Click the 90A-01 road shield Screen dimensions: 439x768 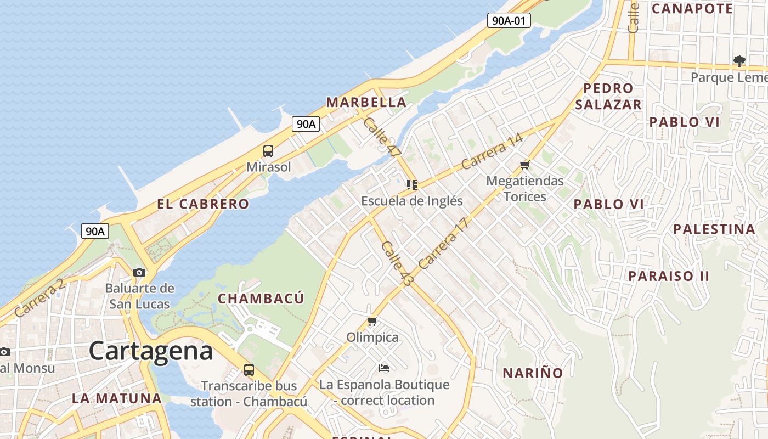(x=509, y=21)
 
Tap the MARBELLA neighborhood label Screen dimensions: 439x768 (x=366, y=102)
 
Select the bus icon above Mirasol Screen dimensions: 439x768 (x=268, y=150)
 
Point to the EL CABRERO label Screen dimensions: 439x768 (x=203, y=204)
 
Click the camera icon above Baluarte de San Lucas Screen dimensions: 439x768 (x=139, y=272)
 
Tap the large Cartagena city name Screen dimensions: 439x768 (x=151, y=351)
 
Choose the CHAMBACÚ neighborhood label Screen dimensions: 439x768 (x=261, y=299)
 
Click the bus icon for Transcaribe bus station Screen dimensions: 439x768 (x=249, y=369)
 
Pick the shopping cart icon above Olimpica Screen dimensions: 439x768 (x=372, y=321)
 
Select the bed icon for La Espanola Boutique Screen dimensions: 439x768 (x=384, y=368)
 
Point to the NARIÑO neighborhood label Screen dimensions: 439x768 (x=533, y=373)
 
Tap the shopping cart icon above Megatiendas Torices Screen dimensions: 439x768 (x=525, y=165)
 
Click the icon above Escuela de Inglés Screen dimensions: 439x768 (x=412, y=184)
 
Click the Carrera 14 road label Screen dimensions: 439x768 (x=492, y=151)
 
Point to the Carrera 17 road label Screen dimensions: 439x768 (x=444, y=243)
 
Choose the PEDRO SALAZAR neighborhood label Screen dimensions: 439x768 (x=608, y=96)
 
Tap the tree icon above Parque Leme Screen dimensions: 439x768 (x=739, y=61)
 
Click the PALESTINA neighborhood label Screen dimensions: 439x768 (x=714, y=229)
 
